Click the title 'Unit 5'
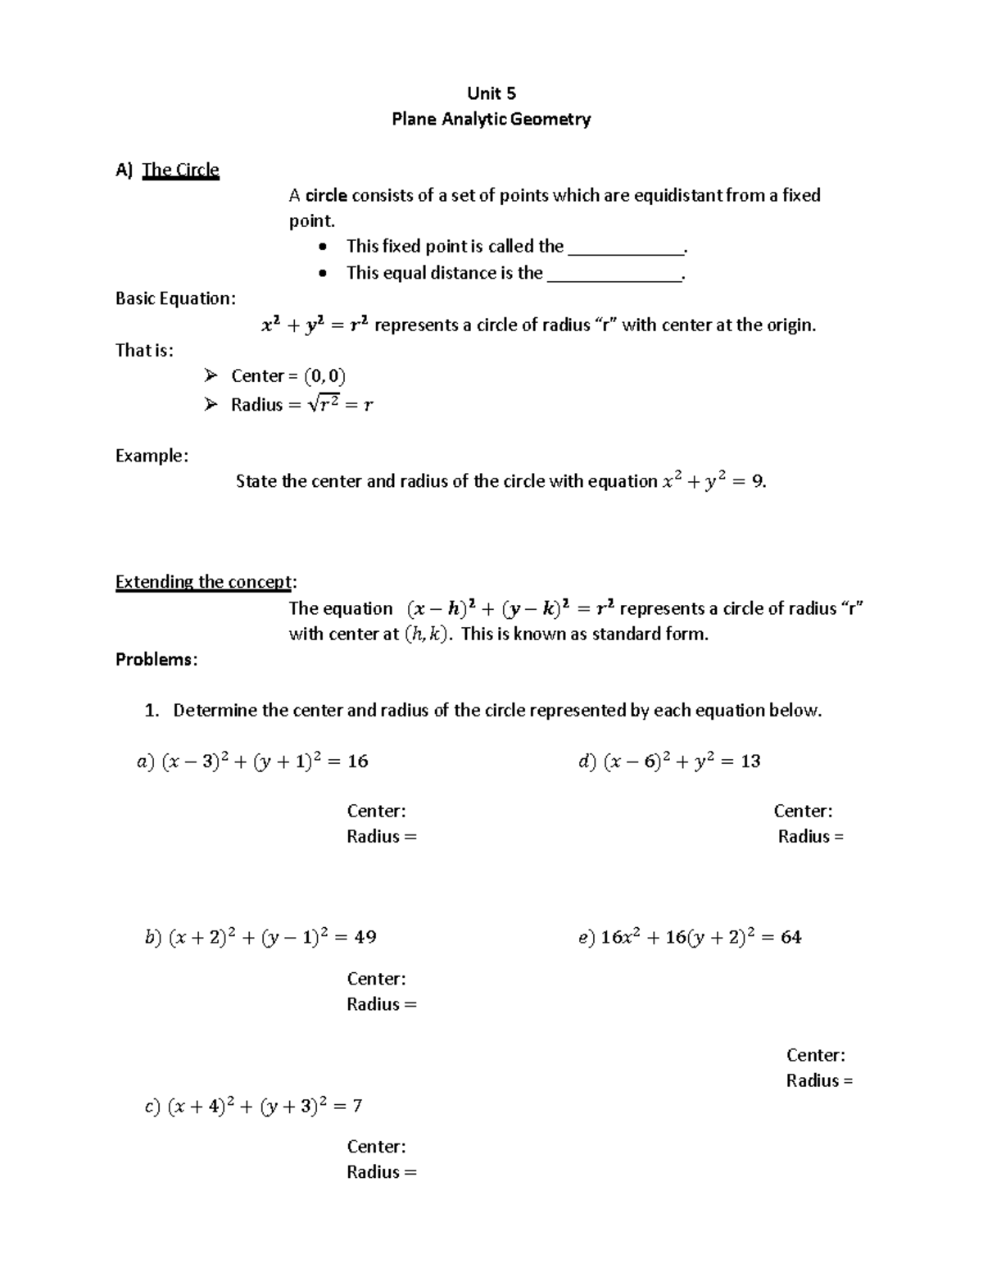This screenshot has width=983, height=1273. (x=491, y=93)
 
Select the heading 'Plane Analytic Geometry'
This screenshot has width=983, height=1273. (x=491, y=120)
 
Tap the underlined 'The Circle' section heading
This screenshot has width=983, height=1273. (x=180, y=170)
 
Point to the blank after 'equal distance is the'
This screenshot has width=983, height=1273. (x=614, y=274)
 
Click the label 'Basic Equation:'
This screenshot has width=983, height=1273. (x=175, y=298)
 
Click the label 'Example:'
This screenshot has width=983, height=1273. (x=152, y=456)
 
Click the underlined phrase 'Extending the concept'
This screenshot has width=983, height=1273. (x=203, y=582)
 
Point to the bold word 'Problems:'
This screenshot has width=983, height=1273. (x=156, y=660)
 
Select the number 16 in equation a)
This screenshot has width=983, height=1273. (x=358, y=762)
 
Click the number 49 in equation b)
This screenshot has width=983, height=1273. (x=365, y=937)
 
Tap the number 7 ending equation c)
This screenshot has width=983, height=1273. (x=357, y=1106)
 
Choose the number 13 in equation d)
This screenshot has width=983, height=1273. (x=750, y=762)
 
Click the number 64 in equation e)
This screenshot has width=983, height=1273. (x=790, y=937)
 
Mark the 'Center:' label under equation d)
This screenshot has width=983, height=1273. (x=803, y=812)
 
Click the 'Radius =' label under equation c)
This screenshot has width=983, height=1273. (x=381, y=1172)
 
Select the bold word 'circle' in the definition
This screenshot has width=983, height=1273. (x=326, y=196)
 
